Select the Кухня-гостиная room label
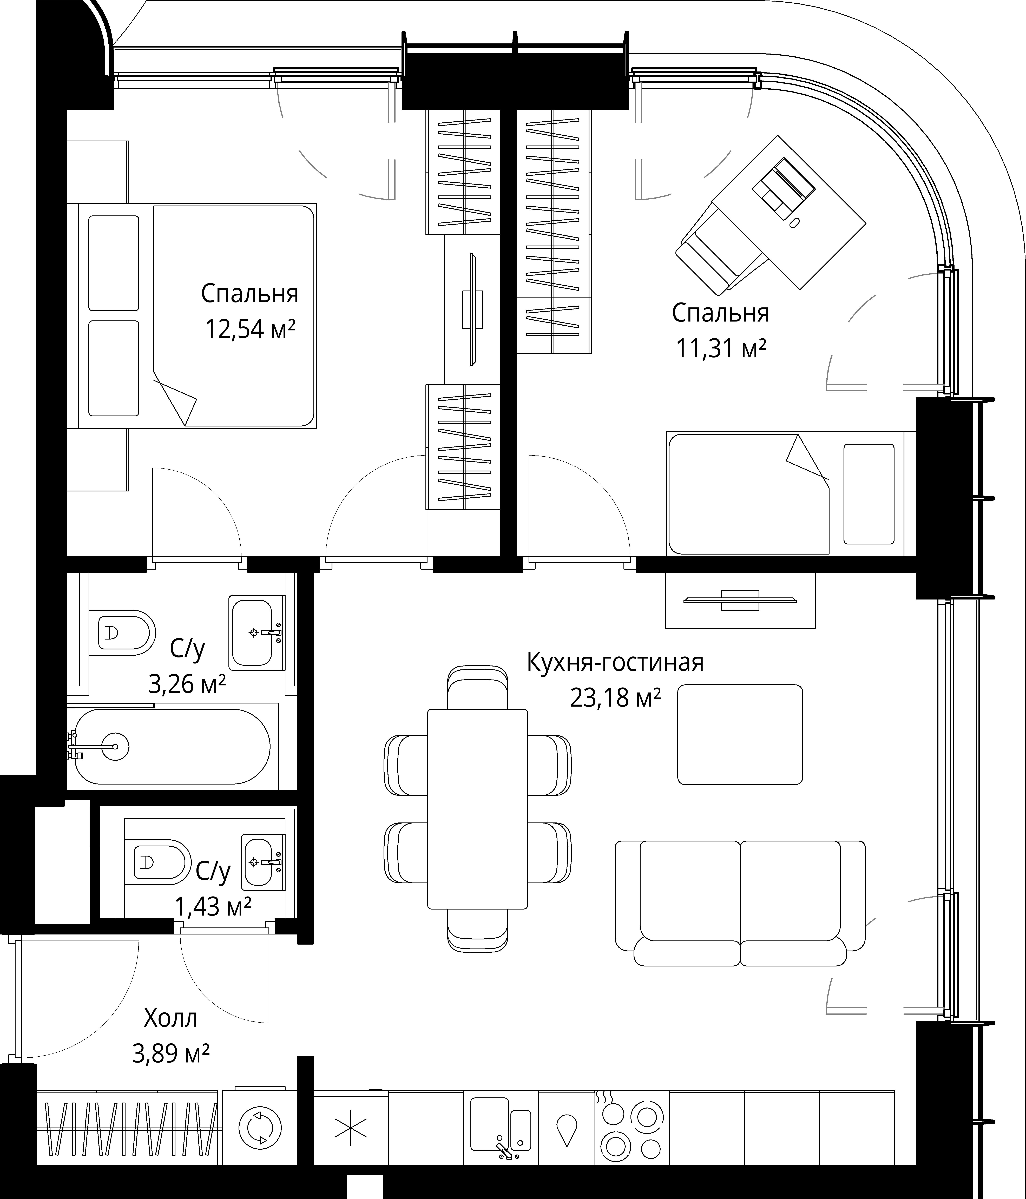click(x=615, y=662)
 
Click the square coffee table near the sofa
click(x=740, y=734)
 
